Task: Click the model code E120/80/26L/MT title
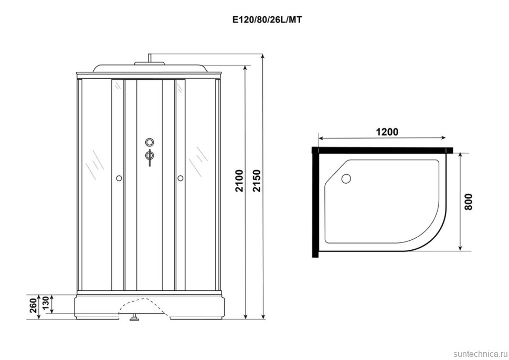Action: click(x=267, y=20)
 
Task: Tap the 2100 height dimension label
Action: click(x=239, y=181)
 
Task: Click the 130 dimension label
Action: click(x=46, y=303)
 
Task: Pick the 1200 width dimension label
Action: click(x=387, y=132)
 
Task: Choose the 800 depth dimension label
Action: click(x=469, y=202)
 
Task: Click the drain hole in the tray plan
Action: click(x=346, y=178)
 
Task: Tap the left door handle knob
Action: click(x=119, y=178)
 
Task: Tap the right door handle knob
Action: click(x=180, y=178)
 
